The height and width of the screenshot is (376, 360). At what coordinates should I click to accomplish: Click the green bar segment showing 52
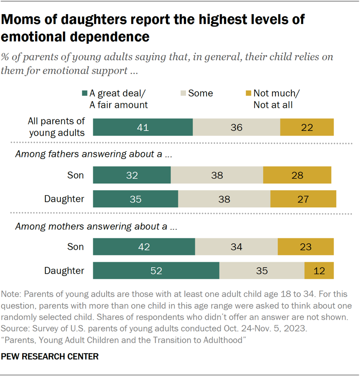(x=156, y=271)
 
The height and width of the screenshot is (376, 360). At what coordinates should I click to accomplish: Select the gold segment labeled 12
(x=319, y=271)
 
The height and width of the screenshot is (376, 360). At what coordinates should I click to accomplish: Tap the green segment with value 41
(x=143, y=127)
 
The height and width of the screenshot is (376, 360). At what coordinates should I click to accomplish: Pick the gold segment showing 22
(x=307, y=127)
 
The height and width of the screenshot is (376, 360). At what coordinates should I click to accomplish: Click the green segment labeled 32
(x=132, y=175)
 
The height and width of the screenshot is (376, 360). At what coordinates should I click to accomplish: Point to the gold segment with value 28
(x=297, y=175)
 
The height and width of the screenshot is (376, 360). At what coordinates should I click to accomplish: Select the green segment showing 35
(x=135, y=199)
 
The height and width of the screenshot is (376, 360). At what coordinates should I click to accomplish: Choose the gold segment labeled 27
(x=303, y=199)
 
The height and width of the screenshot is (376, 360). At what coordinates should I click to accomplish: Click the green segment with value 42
(x=144, y=247)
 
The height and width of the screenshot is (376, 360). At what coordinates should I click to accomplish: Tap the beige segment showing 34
(x=236, y=247)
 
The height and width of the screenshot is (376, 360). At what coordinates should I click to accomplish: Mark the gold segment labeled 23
(x=306, y=247)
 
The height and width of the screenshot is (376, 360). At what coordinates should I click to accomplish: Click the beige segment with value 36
(x=237, y=127)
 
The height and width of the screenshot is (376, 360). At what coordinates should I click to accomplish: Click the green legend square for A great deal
(x=84, y=93)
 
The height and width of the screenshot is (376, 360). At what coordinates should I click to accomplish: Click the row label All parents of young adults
(x=57, y=127)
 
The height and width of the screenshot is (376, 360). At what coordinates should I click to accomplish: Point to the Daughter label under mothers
(x=64, y=271)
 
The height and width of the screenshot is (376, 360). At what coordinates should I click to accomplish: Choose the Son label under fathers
(x=75, y=175)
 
